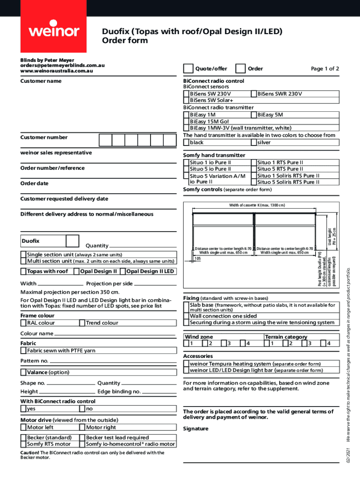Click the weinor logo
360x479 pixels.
click(55, 31)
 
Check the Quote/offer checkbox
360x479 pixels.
click(188, 69)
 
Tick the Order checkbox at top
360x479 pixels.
click(241, 69)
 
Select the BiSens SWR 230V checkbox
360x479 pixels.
click(254, 94)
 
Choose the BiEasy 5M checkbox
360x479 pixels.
click(254, 115)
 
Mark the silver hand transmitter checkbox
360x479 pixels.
click(254, 142)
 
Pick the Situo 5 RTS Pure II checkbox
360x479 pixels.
click(254, 169)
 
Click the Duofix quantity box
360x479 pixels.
click(72, 241)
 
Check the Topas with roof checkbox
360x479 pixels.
click(23, 271)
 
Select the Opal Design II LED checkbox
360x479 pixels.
click(123, 271)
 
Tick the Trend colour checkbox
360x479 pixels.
click(82, 323)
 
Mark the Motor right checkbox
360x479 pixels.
click(82, 427)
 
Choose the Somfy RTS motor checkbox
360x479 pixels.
click(23, 444)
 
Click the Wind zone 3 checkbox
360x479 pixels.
click(223, 344)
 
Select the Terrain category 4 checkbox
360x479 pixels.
click(324, 344)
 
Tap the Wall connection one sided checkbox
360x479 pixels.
click(186, 316)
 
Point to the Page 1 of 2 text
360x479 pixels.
click(325, 69)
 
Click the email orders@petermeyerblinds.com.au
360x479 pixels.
click(62, 65)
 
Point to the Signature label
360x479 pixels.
click(195, 428)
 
